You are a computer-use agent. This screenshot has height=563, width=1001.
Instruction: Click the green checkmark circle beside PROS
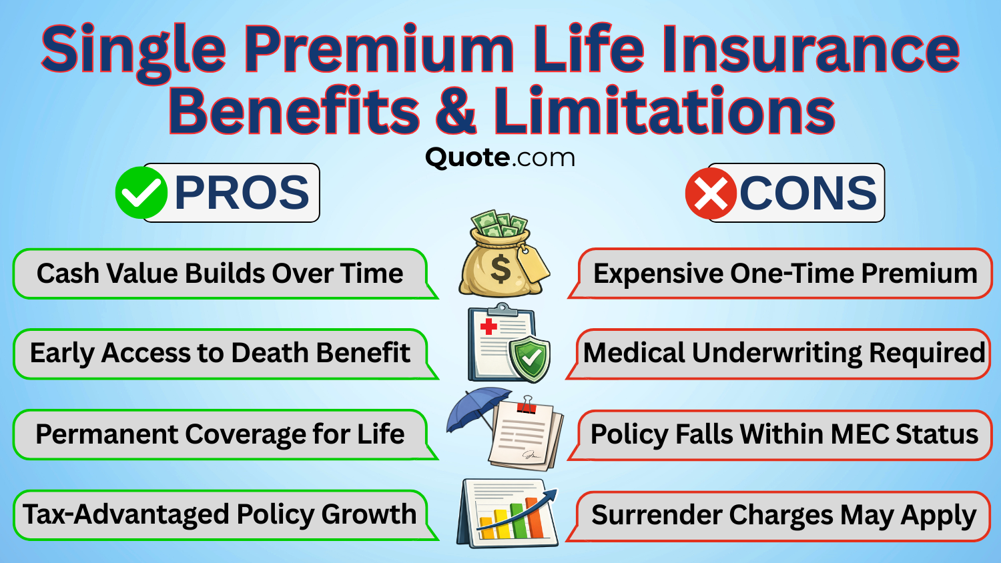click(x=141, y=193)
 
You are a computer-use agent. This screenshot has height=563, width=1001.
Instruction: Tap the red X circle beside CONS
click(x=711, y=193)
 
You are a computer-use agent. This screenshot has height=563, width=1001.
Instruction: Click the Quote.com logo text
click(x=500, y=158)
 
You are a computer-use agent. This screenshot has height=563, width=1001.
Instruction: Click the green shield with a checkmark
click(x=530, y=359)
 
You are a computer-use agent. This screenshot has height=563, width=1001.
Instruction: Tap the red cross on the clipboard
click(x=489, y=326)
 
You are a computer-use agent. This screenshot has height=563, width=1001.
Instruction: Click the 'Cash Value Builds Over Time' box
click(x=220, y=273)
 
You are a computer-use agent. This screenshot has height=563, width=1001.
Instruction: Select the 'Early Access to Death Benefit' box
click(x=220, y=354)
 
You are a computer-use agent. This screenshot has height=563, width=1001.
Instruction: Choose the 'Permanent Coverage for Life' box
click(x=220, y=434)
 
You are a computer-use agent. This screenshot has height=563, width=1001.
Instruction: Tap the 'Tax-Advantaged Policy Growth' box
click(x=220, y=514)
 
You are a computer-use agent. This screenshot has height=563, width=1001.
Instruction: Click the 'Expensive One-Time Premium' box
click(x=785, y=273)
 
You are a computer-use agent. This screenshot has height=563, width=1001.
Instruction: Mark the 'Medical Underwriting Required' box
click(x=783, y=354)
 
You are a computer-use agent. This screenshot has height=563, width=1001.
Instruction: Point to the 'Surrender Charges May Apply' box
click(x=783, y=516)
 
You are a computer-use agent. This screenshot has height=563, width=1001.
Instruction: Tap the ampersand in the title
click(x=456, y=111)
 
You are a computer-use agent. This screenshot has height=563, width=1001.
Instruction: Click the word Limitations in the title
click(x=664, y=111)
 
